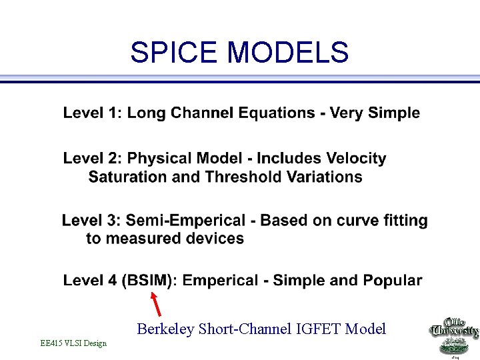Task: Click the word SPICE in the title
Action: (x=175, y=52)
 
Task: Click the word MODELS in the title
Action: (x=288, y=52)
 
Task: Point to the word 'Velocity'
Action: (x=355, y=159)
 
